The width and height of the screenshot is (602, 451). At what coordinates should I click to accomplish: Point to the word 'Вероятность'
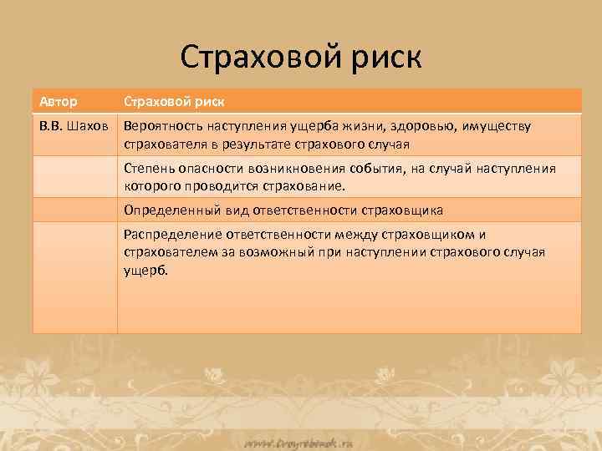pos(162,127)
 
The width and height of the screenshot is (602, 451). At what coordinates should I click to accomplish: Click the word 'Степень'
pos(148,169)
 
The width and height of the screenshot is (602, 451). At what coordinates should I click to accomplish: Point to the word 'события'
pos(380,169)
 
